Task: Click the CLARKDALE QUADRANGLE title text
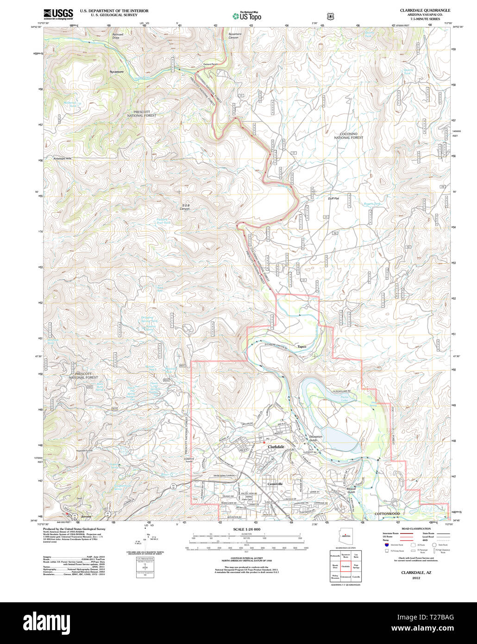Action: click(425, 10)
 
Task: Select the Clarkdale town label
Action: click(276, 447)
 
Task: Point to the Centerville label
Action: click(275, 484)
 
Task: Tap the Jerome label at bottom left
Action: click(86, 516)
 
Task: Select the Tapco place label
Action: click(302, 347)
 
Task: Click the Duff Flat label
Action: click(333, 198)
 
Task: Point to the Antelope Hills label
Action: click(63, 158)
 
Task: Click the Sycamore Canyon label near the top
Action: click(234, 36)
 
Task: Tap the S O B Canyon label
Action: click(185, 207)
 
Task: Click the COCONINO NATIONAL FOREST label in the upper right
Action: click(348, 136)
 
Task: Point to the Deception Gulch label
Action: click(315, 438)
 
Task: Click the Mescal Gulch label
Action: click(351, 490)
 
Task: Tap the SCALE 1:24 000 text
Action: click(247, 529)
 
